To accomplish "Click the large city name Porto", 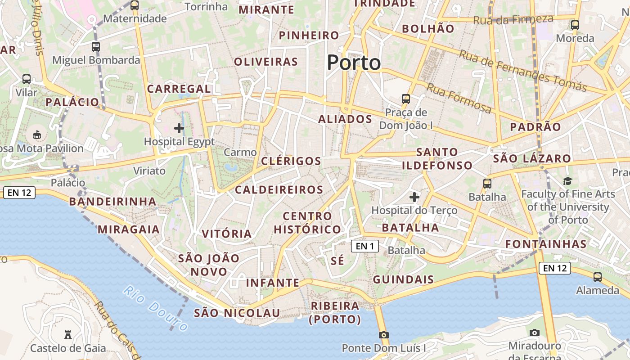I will click(x=354, y=62).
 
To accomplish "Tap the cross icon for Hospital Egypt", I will click(x=179, y=128).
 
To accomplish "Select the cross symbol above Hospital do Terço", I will click(x=414, y=197).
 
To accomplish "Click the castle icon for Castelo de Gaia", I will click(x=68, y=335).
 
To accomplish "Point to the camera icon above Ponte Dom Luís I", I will click(x=383, y=335).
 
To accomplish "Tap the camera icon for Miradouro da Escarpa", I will click(x=535, y=333).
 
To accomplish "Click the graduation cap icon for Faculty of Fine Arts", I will click(x=567, y=181).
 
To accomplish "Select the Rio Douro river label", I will click(x=155, y=308).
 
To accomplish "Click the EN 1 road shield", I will click(x=365, y=246).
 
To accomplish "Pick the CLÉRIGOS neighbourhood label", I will click(x=292, y=161).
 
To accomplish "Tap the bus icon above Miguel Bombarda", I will click(x=95, y=46).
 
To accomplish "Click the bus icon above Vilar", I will click(x=27, y=79).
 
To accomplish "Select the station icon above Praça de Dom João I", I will click(x=406, y=99).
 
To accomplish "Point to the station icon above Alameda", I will click(x=598, y=277).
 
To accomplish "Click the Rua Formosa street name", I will click(x=459, y=99).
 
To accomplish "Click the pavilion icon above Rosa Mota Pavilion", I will click(x=37, y=135).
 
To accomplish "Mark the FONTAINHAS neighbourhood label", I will click(x=546, y=244).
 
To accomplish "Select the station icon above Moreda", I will click(x=575, y=25).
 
